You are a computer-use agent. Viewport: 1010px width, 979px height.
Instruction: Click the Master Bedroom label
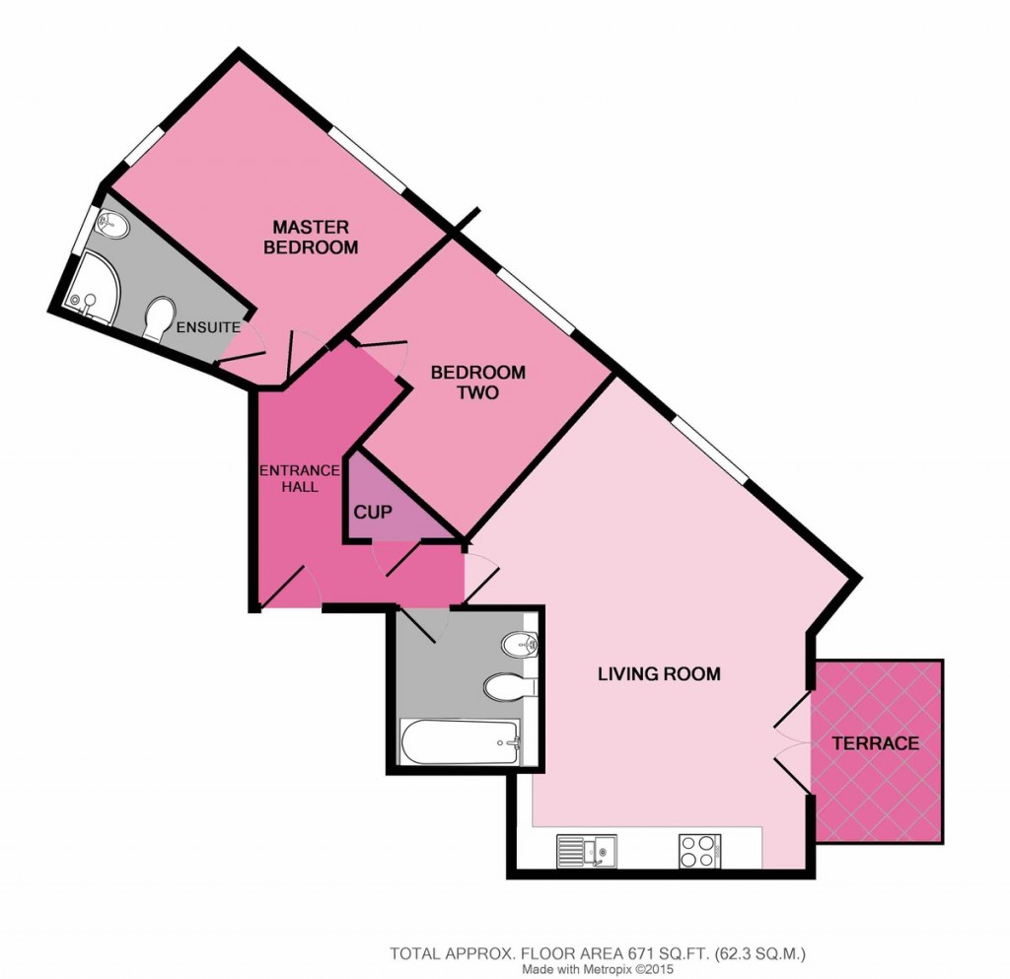[x=311, y=237]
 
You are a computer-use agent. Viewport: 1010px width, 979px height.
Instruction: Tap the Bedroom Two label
[x=478, y=383]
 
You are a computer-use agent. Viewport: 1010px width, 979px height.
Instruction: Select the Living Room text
[x=659, y=674]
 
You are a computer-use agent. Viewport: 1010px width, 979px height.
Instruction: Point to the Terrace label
[x=876, y=743]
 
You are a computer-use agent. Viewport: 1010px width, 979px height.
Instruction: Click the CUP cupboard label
[x=373, y=513]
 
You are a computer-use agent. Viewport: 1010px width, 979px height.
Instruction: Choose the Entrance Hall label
[x=300, y=479]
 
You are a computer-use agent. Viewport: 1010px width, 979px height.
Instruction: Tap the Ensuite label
[x=209, y=327]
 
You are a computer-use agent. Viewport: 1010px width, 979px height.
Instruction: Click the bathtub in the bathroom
[x=460, y=742]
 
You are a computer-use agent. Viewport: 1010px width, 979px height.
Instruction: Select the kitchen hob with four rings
[x=699, y=851]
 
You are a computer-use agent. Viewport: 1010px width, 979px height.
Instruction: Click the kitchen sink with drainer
[x=587, y=851]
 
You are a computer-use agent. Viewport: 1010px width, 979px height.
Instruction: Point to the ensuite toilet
[x=160, y=318]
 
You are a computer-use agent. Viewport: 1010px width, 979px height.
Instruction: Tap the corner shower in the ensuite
[x=94, y=288]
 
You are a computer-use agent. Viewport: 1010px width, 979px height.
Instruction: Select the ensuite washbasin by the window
[x=112, y=226]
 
